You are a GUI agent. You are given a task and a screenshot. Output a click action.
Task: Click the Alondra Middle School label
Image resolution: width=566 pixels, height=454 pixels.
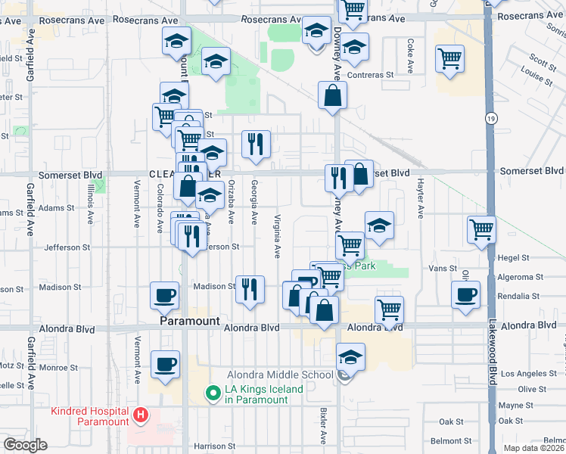280,375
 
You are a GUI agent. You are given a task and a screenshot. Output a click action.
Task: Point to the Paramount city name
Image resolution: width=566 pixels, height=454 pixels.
189,322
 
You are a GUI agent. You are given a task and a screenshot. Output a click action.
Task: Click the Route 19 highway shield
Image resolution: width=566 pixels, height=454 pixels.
491,119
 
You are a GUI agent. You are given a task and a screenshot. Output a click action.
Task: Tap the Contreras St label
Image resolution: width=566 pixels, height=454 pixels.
371,76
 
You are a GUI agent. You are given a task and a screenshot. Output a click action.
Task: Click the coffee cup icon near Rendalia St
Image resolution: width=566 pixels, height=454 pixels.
465,294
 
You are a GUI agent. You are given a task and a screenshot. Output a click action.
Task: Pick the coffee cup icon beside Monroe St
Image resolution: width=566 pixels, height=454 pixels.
164,364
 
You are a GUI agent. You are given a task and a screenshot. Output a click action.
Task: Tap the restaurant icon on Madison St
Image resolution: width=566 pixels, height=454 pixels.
250,288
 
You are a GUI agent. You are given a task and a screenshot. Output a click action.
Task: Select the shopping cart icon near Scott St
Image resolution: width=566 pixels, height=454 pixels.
449,58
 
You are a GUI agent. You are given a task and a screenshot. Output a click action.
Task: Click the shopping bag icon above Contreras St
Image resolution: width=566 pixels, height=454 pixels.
332,95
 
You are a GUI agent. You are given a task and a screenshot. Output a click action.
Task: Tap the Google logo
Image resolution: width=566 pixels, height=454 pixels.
24,445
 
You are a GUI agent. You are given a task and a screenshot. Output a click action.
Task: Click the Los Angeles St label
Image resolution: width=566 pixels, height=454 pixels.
529,374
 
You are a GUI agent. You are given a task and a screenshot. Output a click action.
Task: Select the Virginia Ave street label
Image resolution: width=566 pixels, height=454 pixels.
278,235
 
